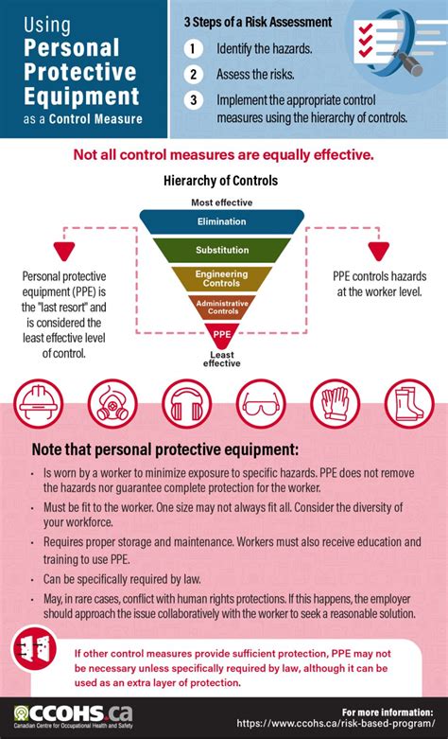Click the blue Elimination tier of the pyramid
pyautogui.click(x=222, y=222)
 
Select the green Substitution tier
pyautogui.click(x=222, y=250)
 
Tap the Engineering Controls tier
pyautogui.click(x=222, y=278)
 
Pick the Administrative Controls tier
pyautogui.click(x=222, y=308)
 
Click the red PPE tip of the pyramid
pyautogui.click(x=222, y=335)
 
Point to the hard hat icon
pyautogui.click(x=38, y=403)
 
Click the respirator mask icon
pyautogui.click(x=112, y=403)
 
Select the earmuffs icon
pyautogui.click(x=187, y=403)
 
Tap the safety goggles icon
pyautogui.click(x=261, y=403)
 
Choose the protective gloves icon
pyautogui.click(x=336, y=403)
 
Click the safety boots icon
pyautogui.click(x=409, y=403)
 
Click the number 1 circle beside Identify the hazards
pyautogui.click(x=194, y=48)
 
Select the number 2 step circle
pyautogui.click(x=194, y=75)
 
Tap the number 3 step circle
pyautogui.click(x=194, y=100)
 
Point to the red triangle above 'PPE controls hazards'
pyautogui.click(x=379, y=251)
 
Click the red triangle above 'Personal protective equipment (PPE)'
pyautogui.click(x=64, y=251)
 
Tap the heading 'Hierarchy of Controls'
pyautogui.click(x=220, y=180)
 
